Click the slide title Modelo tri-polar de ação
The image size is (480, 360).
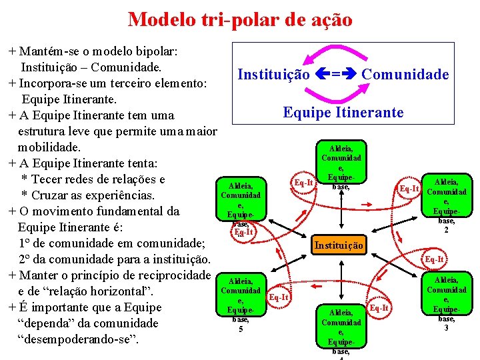pyautogui.click(x=240, y=19)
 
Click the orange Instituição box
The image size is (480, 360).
pyautogui.click(x=339, y=246)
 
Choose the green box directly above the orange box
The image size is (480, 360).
pyautogui.click(x=341, y=163)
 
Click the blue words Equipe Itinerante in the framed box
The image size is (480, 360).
pyautogui.click(x=343, y=112)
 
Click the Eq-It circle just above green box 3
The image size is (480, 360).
pyautogui.click(x=434, y=259)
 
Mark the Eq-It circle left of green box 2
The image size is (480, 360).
pyautogui.click(x=409, y=189)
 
